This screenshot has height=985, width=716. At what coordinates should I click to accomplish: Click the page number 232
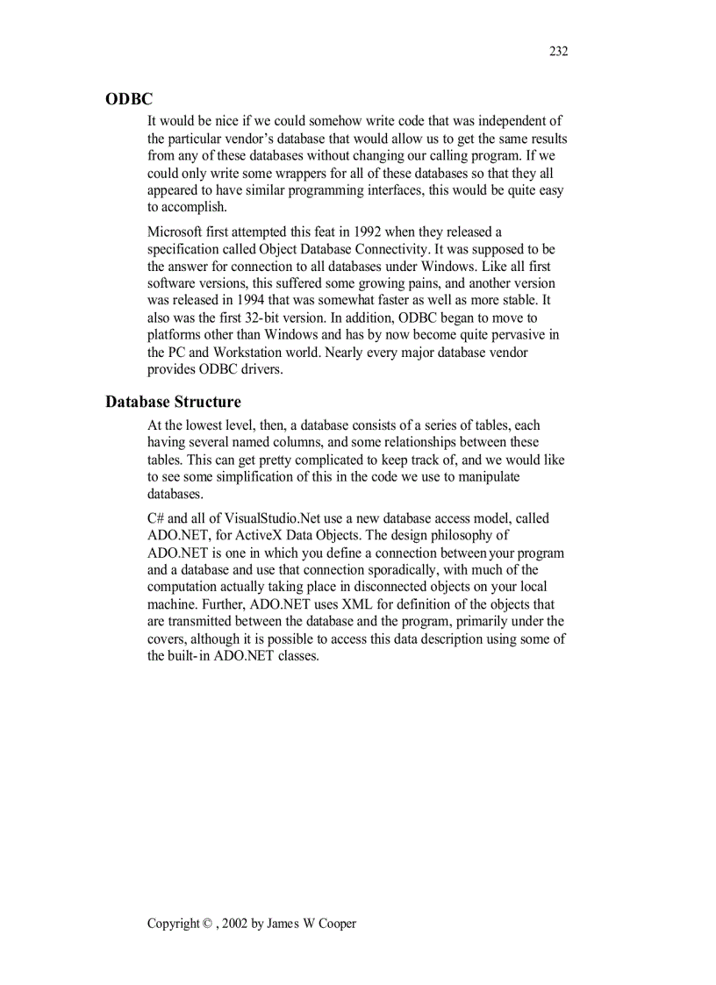pos(559,51)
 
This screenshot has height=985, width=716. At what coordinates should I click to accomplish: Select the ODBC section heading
pos(129,100)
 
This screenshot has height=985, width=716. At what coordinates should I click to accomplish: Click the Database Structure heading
pos(173,403)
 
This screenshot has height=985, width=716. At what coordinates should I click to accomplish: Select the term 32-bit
pos(259,318)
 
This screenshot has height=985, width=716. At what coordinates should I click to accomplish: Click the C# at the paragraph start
pos(156,518)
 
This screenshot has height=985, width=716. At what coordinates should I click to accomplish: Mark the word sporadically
pos(396,570)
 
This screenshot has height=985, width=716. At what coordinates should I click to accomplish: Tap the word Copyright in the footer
pos(173,924)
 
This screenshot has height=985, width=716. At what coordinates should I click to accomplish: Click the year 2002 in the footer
pos(235,924)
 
